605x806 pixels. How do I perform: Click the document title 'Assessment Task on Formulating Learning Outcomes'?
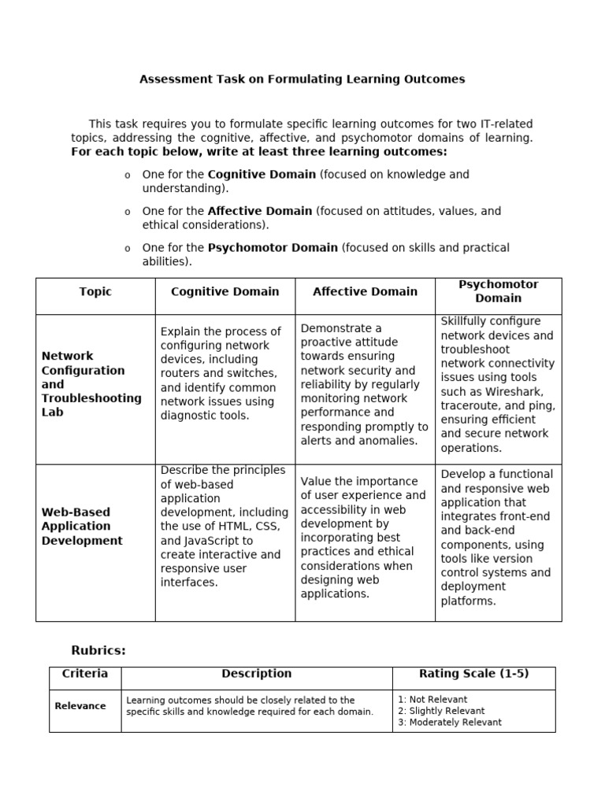[x=302, y=79]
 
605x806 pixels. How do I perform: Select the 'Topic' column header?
[x=95, y=291]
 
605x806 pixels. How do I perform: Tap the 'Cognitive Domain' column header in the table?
[x=225, y=291]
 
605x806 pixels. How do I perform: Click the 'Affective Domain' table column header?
[x=365, y=291]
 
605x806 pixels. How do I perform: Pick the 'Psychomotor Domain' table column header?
[x=498, y=291]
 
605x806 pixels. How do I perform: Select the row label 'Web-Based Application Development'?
[x=82, y=527]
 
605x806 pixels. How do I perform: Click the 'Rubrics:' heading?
[x=98, y=650]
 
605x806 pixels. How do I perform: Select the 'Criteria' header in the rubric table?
[x=85, y=674]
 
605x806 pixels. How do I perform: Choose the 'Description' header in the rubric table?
[x=256, y=674]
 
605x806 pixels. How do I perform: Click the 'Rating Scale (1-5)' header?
[x=473, y=674]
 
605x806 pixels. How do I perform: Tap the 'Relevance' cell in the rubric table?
[x=80, y=706]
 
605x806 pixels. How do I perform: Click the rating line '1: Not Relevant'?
[x=432, y=699]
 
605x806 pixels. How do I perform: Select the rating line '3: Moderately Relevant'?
[x=450, y=722]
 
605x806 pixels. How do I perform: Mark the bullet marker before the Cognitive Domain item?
[x=127, y=175]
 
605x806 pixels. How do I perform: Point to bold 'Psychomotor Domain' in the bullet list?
[x=273, y=247]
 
